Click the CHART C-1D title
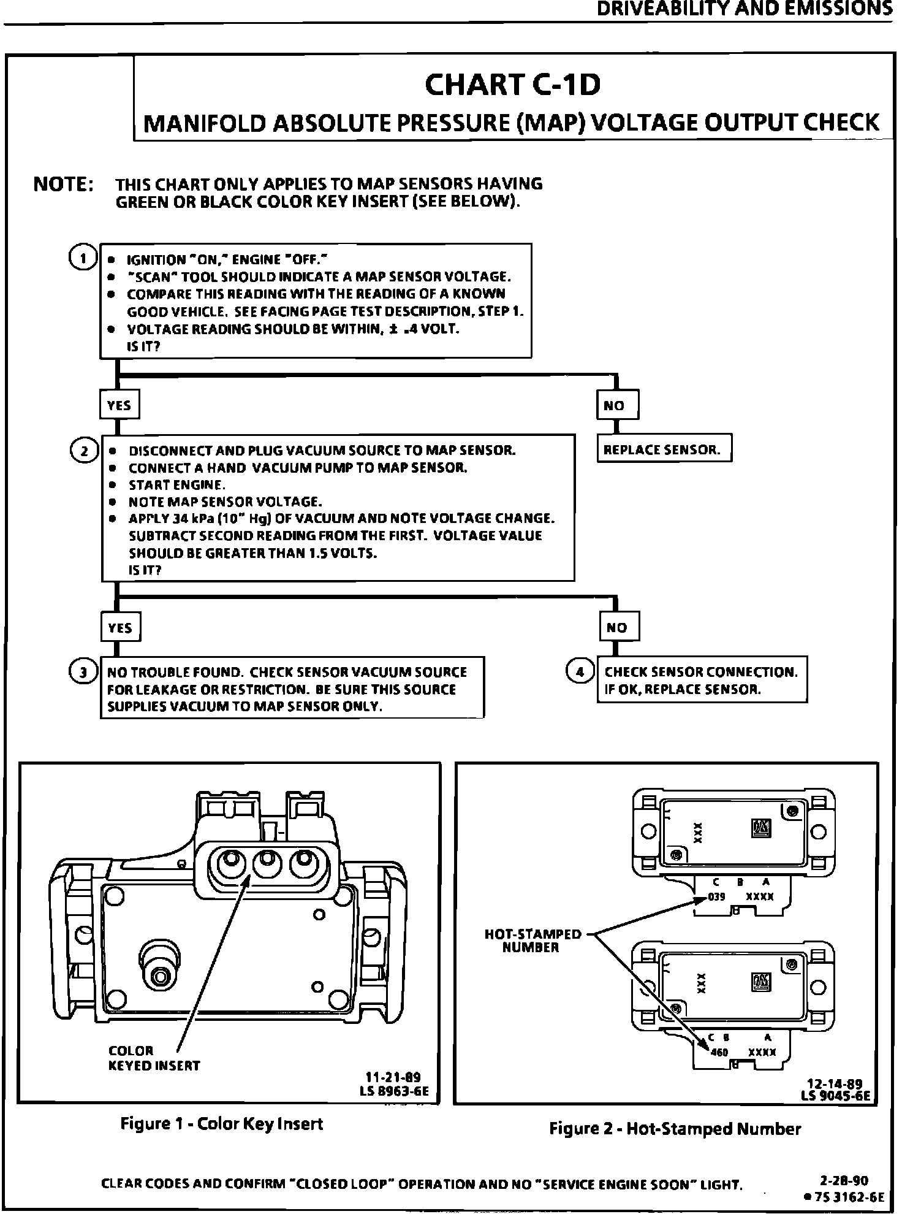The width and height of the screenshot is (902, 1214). point(512,86)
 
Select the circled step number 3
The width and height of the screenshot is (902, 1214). point(82,672)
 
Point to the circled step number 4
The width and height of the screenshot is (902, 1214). point(579,672)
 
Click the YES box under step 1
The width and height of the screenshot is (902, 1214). point(119,405)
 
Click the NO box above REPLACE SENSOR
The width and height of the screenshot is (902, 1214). point(616,405)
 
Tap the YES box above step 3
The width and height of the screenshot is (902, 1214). point(120,627)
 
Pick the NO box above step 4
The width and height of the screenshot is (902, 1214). point(618,627)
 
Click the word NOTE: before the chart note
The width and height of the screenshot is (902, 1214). point(63,185)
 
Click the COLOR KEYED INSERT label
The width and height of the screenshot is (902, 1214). point(154,1058)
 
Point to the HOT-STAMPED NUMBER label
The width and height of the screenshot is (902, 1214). point(532,941)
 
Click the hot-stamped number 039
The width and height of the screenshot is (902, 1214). point(716,897)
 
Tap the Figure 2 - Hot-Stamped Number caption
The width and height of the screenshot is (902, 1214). point(675,1129)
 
